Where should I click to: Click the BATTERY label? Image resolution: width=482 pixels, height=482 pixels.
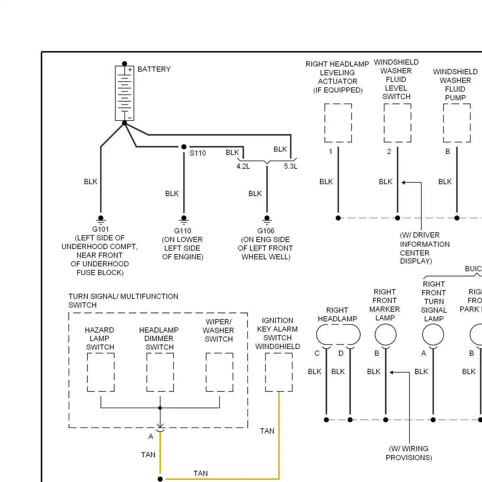click(154, 69)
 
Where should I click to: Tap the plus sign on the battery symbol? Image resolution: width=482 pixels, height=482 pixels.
click(130, 70)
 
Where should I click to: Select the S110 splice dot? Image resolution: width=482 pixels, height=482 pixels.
click(184, 147)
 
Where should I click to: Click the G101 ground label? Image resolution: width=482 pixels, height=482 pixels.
click(101, 229)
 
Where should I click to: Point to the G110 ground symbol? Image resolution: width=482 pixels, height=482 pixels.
click(184, 220)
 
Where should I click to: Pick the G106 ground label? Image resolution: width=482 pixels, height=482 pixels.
click(266, 231)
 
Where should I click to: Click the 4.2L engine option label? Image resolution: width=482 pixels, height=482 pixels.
click(243, 166)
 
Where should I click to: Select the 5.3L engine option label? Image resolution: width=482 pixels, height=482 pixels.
click(291, 166)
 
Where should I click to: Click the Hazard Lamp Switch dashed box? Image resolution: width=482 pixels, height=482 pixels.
click(87, 372)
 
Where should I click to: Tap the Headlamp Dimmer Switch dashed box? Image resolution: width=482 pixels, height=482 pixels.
click(147, 372)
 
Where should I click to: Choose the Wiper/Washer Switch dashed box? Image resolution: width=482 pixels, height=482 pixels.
click(206, 372)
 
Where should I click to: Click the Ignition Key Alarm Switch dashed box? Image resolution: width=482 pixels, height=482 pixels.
click(265, 372)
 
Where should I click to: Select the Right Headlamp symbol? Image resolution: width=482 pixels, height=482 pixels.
click(317, 335)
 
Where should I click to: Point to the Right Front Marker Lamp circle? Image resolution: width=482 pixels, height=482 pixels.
click(375, 335)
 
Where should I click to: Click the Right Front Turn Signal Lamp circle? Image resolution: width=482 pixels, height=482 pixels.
click(423, 335)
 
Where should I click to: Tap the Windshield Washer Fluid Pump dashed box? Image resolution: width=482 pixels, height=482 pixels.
click(444, 123)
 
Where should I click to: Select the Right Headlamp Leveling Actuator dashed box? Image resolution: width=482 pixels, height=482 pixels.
click(325, 123)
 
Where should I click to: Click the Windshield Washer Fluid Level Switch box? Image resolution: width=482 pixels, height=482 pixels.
click(384, 123)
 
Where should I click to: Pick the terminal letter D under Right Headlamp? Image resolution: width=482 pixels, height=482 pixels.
click(341, 353)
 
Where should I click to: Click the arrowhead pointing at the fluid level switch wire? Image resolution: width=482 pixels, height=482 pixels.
click(403, 183)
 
